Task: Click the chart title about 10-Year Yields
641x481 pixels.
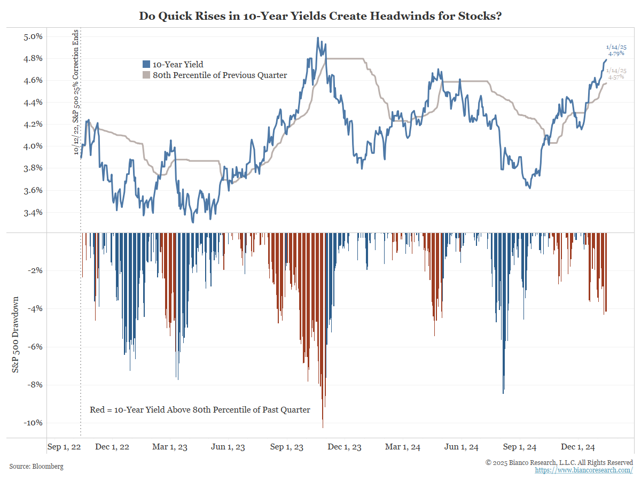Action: pos(320,15)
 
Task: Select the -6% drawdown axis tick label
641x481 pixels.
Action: pos(34,347)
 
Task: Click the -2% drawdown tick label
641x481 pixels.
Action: pos(34,270)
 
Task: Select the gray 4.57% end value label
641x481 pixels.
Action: pos(616,77)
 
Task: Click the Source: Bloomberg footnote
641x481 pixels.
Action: pos(36,467)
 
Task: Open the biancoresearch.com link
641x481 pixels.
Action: pos(584,470)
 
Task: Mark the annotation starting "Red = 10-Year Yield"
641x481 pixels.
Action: pos(200,410)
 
